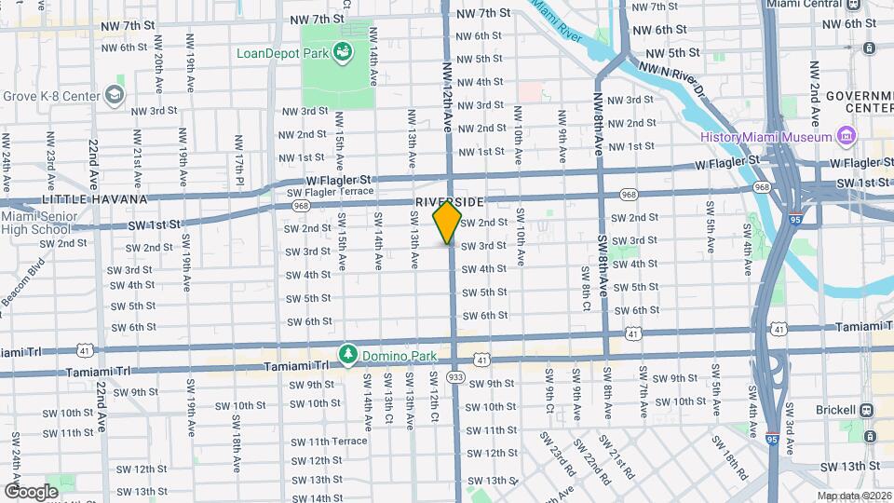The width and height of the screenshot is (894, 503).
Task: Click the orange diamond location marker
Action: [x=448, y=223]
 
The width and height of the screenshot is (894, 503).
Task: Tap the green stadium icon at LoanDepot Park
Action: [x=344, y=52]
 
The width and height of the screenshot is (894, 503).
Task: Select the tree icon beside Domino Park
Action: [x=348, y=354]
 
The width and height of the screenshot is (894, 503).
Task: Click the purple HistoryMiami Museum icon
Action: [x=847, y=138]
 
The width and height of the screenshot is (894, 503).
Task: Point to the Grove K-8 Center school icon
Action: [x=114, y=95]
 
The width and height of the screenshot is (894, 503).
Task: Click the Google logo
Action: [x=31, y=491]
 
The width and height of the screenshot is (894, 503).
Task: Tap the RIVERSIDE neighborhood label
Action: [x=450, y=202]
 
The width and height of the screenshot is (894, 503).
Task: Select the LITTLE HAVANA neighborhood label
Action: [x=94, y=199]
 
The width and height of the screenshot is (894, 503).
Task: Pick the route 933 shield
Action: [x=455, y=376]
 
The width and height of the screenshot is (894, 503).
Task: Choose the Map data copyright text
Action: [x=853, y=495]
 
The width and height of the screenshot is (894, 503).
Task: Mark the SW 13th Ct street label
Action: [x=387, y=391]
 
